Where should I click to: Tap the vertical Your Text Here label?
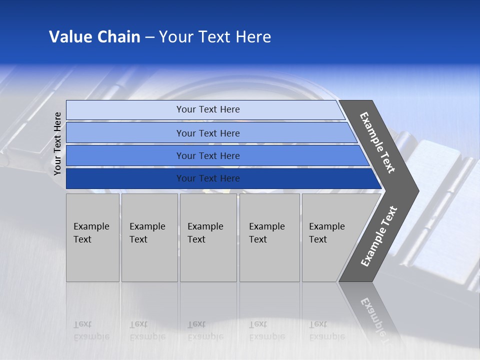57,143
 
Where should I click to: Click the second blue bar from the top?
207,133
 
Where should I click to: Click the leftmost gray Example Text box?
92,237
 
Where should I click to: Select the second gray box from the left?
149,237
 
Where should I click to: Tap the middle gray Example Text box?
208,237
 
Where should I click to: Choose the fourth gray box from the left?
269,237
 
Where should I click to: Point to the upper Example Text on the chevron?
377,142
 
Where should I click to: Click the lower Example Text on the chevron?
379,236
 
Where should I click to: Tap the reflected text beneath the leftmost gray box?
91,330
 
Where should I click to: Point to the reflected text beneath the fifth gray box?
326,330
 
